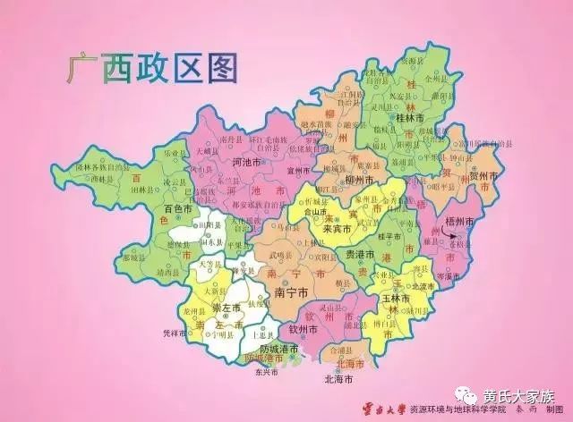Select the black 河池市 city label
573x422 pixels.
click(221, 164)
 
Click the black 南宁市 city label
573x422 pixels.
click(292, 291)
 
